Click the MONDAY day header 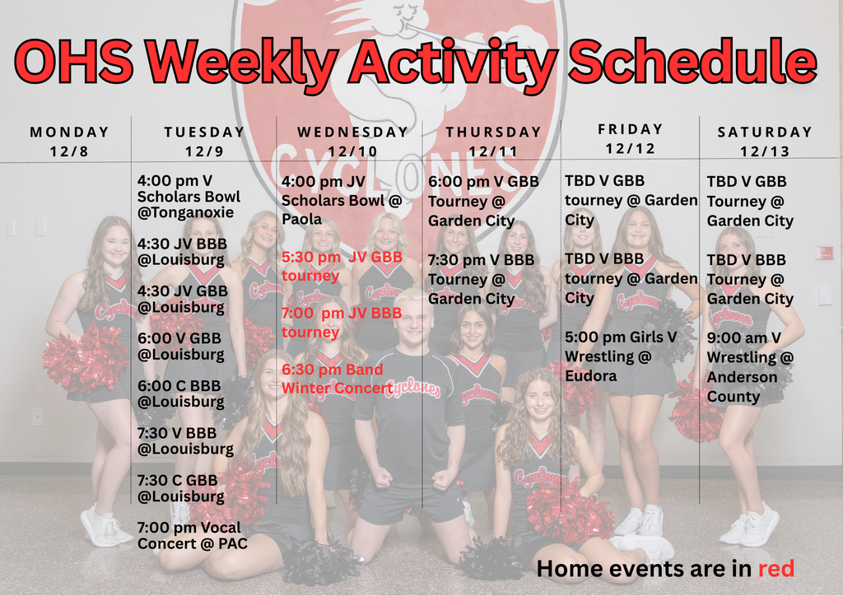coord(69,132)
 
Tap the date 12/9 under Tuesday coord(204,151)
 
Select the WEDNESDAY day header coord(352,132)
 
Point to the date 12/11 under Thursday coord(493,151)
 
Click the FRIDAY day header coord(631,129)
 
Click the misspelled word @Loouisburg coord(185,449)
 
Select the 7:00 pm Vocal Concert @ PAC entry coord(192,535)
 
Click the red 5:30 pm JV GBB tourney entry coord(342,266)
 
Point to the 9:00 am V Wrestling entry coord(750,367)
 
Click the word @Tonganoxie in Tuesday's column coord(185,212)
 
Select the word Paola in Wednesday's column coord(301,220)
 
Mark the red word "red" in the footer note coord(775,568)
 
